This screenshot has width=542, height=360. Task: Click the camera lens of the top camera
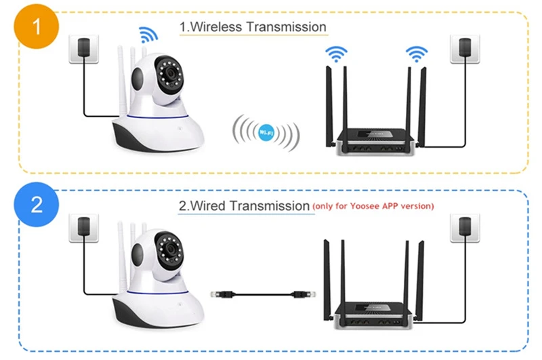coord(169,73)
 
